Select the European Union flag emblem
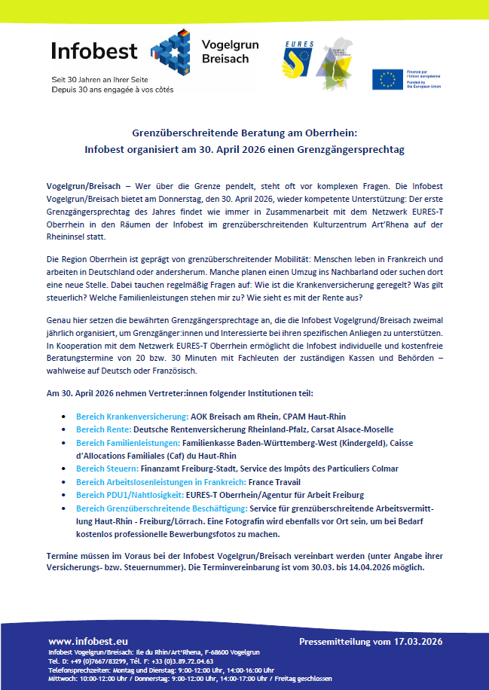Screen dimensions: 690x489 tap(388, 79)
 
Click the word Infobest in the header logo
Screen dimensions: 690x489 tap(94, 51)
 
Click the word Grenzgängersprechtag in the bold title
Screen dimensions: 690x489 tap(353, 149)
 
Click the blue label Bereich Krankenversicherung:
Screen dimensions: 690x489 tap(132, 416)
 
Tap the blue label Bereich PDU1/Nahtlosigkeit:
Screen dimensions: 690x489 tap(130, 495)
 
